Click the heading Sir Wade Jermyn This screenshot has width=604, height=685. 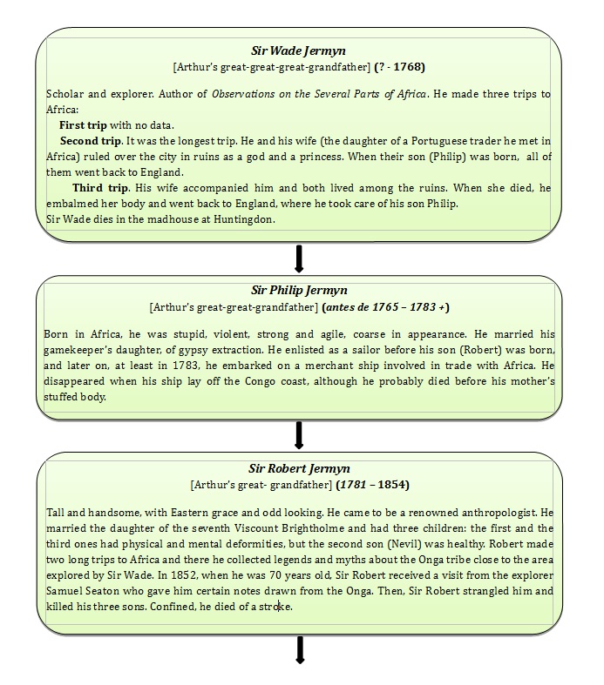click(x=300, y=51)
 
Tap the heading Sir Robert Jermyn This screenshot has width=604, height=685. click(x=300, y=468)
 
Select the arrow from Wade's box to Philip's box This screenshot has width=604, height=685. click(x=299, y=259)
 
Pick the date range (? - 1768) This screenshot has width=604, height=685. click(x=399, y=66)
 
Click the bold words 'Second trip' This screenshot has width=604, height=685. click(x=91, y=140)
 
